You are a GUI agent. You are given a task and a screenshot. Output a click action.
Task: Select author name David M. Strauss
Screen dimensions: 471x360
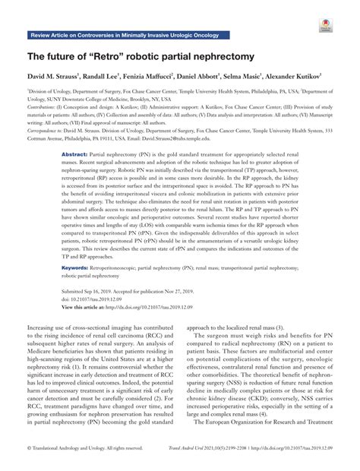pyautogui.click(x=60, y=77)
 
